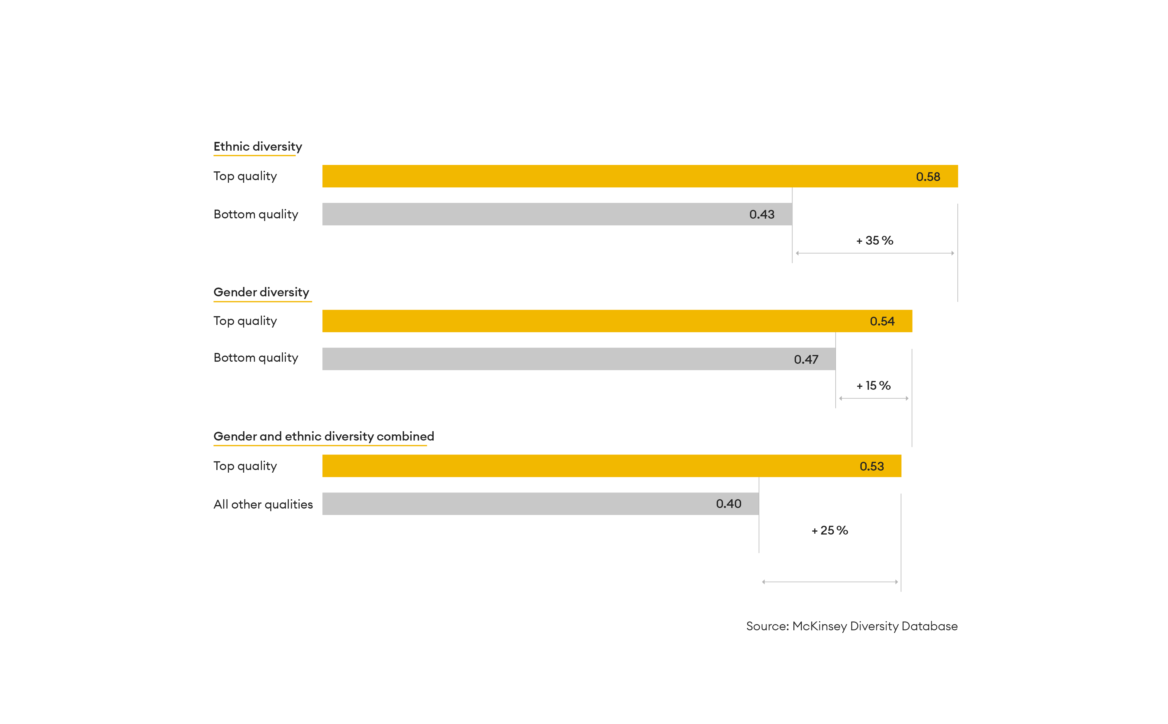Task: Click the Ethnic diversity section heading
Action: pos(258,147)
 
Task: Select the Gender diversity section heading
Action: pos(261,292)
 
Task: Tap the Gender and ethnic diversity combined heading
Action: pos(324,436)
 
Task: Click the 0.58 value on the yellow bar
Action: pos(928,177)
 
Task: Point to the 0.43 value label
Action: pos(762,215)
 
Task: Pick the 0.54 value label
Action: pos(882,321)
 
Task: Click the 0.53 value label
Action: pos(872,467)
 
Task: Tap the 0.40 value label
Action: pos(728,504)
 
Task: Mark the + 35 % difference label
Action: pos(875,240)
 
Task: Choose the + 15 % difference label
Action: pos(873,385)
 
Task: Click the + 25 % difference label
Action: pos(830,530)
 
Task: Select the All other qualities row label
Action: pos(263,504)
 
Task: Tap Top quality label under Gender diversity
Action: pos(245,321)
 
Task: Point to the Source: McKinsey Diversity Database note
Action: pos(851,626)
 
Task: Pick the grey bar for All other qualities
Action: pos(540,504)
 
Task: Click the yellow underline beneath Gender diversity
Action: pos(263,302)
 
